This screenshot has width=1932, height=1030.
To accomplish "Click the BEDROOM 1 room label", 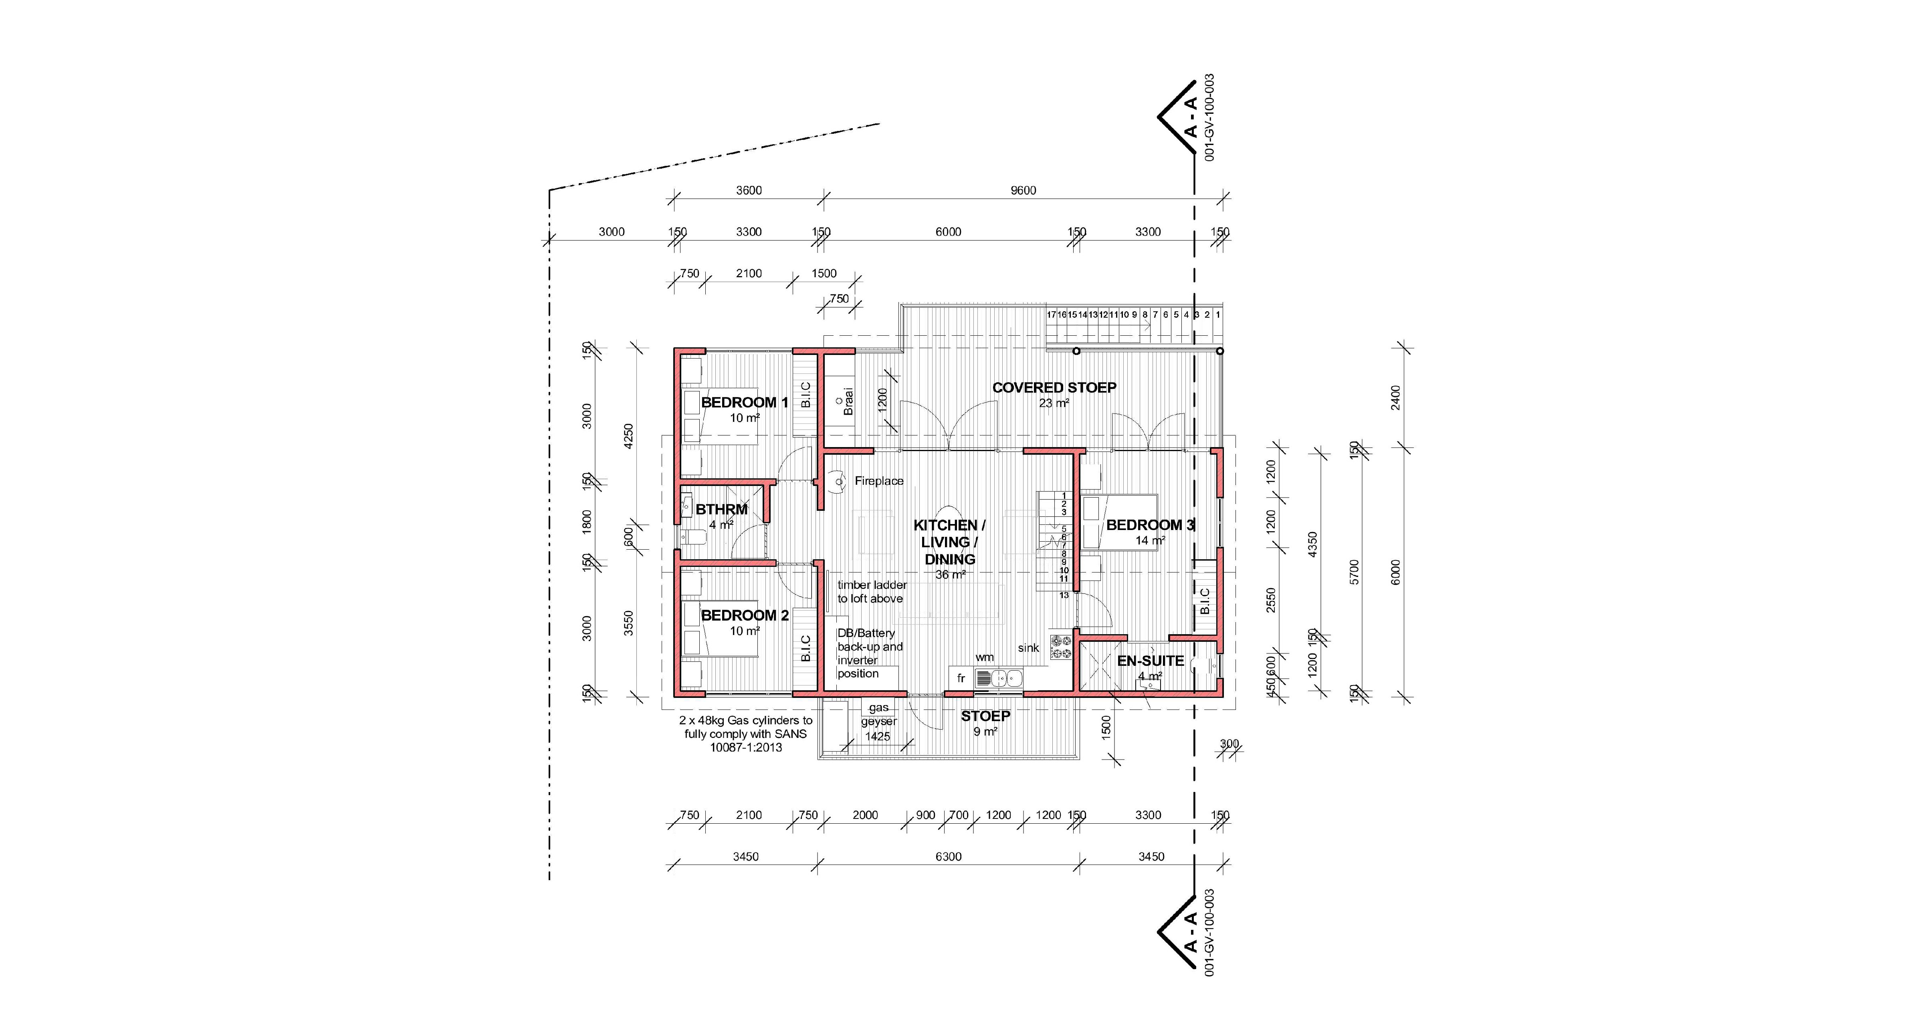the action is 744,403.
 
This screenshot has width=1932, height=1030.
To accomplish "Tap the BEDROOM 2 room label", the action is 744,615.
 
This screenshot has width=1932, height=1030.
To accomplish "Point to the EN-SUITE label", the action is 1150,661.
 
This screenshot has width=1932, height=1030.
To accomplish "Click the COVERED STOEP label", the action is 1054,387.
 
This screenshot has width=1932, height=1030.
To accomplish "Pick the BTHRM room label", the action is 721,509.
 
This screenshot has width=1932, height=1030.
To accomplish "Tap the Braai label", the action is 848,401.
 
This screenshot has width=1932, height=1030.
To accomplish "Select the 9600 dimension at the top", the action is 1023,190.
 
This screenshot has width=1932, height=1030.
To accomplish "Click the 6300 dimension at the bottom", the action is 948,857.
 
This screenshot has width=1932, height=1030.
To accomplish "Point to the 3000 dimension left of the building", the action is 611,232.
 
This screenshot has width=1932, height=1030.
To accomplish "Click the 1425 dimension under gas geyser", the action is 878,736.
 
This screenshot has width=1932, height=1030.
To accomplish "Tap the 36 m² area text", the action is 950,575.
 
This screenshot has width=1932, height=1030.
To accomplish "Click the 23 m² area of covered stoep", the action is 1054,403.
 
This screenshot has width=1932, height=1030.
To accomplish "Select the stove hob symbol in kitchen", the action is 1060,648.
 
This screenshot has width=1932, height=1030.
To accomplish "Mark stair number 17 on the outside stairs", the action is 1052,315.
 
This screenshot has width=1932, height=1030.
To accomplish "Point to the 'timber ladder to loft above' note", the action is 872,591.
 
